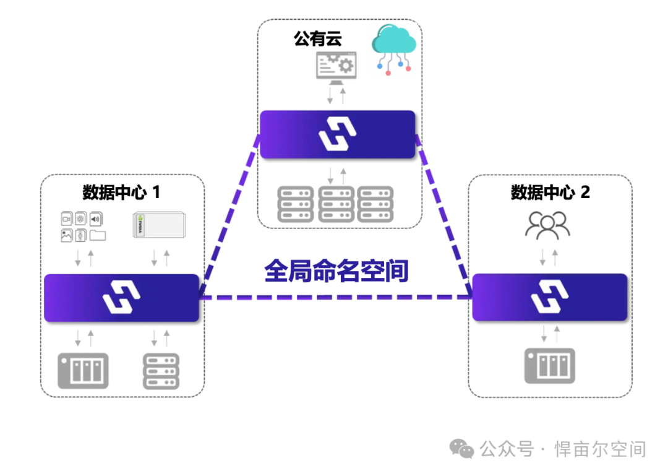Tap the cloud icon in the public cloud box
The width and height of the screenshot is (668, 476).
(x=393, y=48)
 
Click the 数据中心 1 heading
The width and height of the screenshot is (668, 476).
(x=121, y=193)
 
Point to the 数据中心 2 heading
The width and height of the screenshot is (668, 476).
(x=550, y=193)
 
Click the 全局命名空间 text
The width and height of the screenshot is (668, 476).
(x=336, y=271)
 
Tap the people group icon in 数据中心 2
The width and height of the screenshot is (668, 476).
(x=547, y=226)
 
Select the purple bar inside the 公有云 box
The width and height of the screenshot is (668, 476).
(x=337, y=134)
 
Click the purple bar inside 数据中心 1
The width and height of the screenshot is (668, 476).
(x=121, y=298)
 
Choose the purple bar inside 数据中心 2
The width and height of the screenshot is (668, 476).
(x=550, y=298)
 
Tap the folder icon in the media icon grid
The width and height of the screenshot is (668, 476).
(x=98, y=235)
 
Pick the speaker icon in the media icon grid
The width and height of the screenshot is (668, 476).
(x=96, y=219)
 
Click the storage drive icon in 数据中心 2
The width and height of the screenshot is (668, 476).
(x=550, y=366)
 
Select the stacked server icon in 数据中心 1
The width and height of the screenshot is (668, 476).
(x=161, y=371)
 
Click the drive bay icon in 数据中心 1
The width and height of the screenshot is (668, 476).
(x=83, y=371)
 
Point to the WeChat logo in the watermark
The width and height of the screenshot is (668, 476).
(x=462, y=449)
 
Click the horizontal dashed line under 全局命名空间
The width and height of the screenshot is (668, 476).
(x=336, y=297)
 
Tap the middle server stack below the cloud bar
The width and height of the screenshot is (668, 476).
(x=337, y=204)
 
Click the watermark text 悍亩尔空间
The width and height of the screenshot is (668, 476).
(x=600, y=449)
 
